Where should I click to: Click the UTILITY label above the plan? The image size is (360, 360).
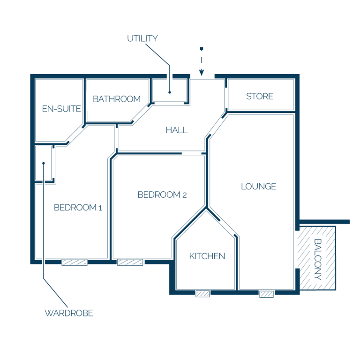142,38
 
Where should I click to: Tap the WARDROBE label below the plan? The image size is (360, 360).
69,313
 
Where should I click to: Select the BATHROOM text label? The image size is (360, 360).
117,99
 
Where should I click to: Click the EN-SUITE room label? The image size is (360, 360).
61,109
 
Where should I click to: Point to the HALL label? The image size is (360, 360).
177,130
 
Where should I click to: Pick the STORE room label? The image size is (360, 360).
260,96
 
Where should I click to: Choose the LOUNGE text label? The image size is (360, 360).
259,187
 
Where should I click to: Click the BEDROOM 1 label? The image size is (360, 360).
78,208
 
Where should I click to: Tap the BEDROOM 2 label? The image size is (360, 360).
162,195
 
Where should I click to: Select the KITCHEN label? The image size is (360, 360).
207,256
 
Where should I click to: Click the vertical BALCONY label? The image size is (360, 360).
318,259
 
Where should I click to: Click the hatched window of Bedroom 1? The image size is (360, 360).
75,262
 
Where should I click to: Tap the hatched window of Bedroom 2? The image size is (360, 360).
130,262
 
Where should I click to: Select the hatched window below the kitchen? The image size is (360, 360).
202,293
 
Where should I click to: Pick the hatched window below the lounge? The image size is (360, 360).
266,294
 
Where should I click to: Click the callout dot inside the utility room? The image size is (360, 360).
170,92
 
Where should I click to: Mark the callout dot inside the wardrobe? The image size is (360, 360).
44,163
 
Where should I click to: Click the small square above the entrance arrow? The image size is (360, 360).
202,49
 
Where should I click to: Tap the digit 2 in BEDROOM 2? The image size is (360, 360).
184,195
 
